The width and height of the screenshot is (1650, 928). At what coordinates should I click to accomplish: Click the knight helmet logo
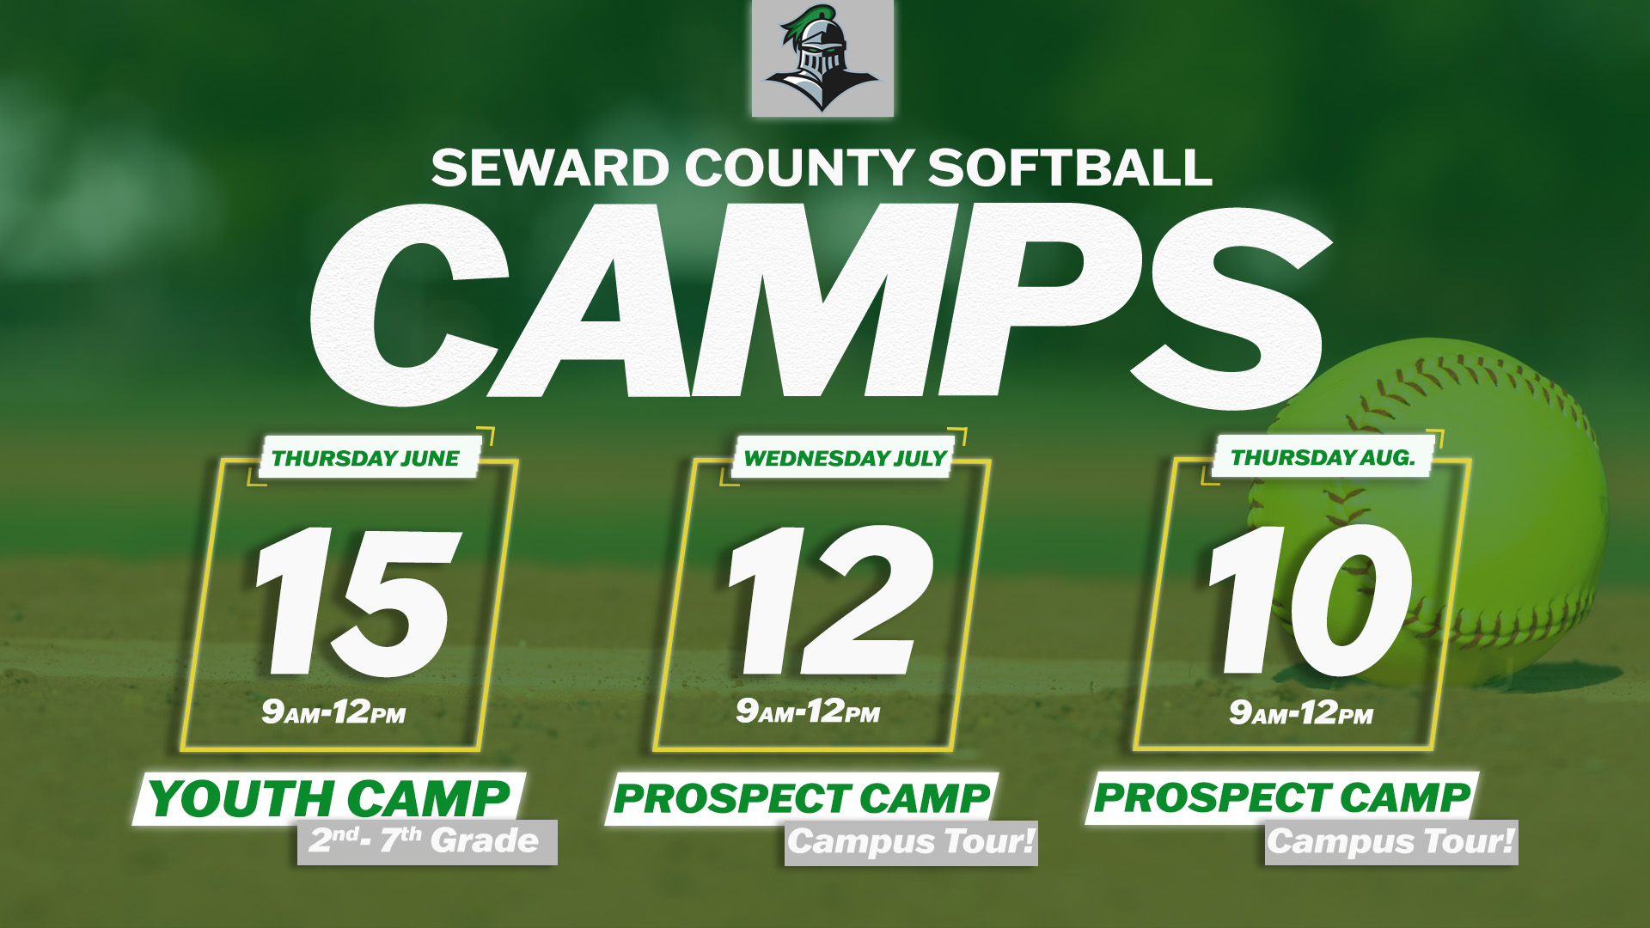pos(822,58)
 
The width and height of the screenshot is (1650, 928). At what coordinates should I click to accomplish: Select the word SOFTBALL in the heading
pos(1070,168)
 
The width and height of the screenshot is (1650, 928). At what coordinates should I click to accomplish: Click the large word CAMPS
pos(821,302)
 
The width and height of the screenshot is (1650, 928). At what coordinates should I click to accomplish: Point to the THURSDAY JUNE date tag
pos(368,457)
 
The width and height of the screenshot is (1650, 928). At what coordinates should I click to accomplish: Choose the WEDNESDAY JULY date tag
pos(845,457)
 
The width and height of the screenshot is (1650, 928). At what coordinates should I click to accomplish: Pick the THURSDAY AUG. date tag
pos(1323,456)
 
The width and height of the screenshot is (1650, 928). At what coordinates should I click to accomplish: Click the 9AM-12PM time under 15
pos(333,711)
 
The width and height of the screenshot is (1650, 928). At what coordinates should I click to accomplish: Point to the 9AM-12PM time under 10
pos(1301,712)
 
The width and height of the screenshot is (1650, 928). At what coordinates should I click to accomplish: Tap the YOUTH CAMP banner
pos(329,798)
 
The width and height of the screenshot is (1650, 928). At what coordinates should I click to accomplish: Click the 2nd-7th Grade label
pos(427,841)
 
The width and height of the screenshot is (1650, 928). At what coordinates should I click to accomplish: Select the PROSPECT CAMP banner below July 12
pos(802,798)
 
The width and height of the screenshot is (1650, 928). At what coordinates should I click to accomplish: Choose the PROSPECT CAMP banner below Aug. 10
pos(1282,797)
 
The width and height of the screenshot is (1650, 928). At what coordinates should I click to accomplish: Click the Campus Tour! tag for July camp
pos(911,842)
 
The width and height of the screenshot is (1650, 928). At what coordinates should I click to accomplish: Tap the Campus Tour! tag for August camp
pos(1391,841)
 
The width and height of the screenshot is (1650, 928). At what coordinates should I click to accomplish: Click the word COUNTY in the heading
pos(799,168)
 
